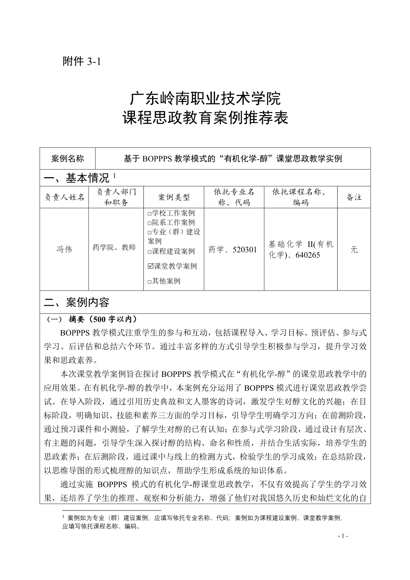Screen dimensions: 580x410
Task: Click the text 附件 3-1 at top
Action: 81,62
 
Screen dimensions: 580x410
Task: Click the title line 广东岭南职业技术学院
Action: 205,99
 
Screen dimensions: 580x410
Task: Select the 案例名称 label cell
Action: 67,159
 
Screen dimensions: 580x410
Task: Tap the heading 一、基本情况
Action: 77,178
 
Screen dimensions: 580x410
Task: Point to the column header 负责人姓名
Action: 64,198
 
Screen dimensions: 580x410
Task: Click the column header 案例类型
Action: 174,198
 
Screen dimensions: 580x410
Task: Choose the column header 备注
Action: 354,198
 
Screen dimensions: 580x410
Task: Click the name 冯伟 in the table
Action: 64,249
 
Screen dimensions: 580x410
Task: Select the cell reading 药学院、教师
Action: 114,248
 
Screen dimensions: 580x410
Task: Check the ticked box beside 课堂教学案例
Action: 150,266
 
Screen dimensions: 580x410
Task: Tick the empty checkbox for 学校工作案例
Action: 149,214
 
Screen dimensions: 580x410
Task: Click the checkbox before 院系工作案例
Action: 149,223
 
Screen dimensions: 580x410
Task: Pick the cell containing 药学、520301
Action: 233,249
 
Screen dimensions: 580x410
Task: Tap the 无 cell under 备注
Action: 354,249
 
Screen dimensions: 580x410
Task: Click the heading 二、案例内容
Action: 77,302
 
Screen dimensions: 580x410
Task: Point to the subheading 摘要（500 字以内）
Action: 102,319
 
